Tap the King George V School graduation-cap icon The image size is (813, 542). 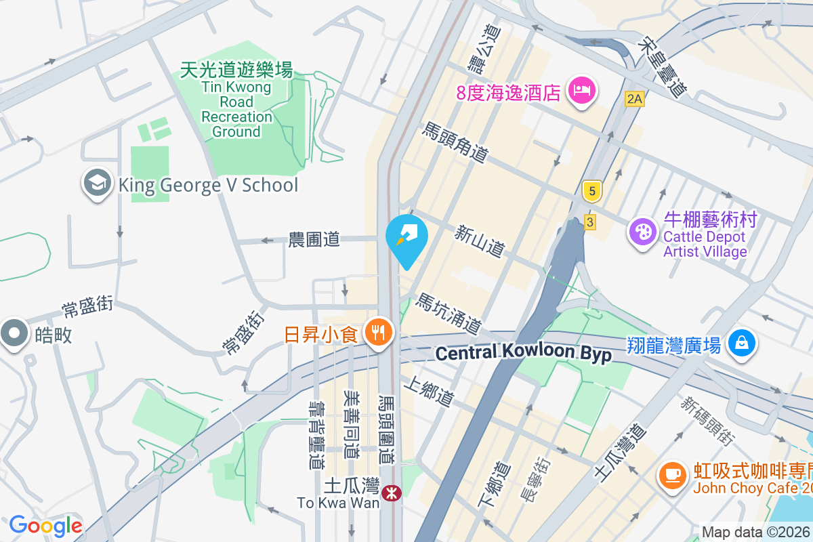[x=98, y=184]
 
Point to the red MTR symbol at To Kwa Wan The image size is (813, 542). [x=390, y=493]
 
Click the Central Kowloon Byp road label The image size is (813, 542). [x=523, y=353]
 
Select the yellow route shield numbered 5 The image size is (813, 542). [x=592, y=192]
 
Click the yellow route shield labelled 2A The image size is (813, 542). [x=634, y=100]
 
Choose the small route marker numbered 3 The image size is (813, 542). [x=590, y=222]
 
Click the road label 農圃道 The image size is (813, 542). [x=314, y=239]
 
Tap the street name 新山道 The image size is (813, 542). [x=480, y=242]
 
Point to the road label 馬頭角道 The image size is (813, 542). [x=455, y=142]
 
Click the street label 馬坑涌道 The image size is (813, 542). [x=449, y=313]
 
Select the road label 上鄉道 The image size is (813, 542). [x=428, y=392]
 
